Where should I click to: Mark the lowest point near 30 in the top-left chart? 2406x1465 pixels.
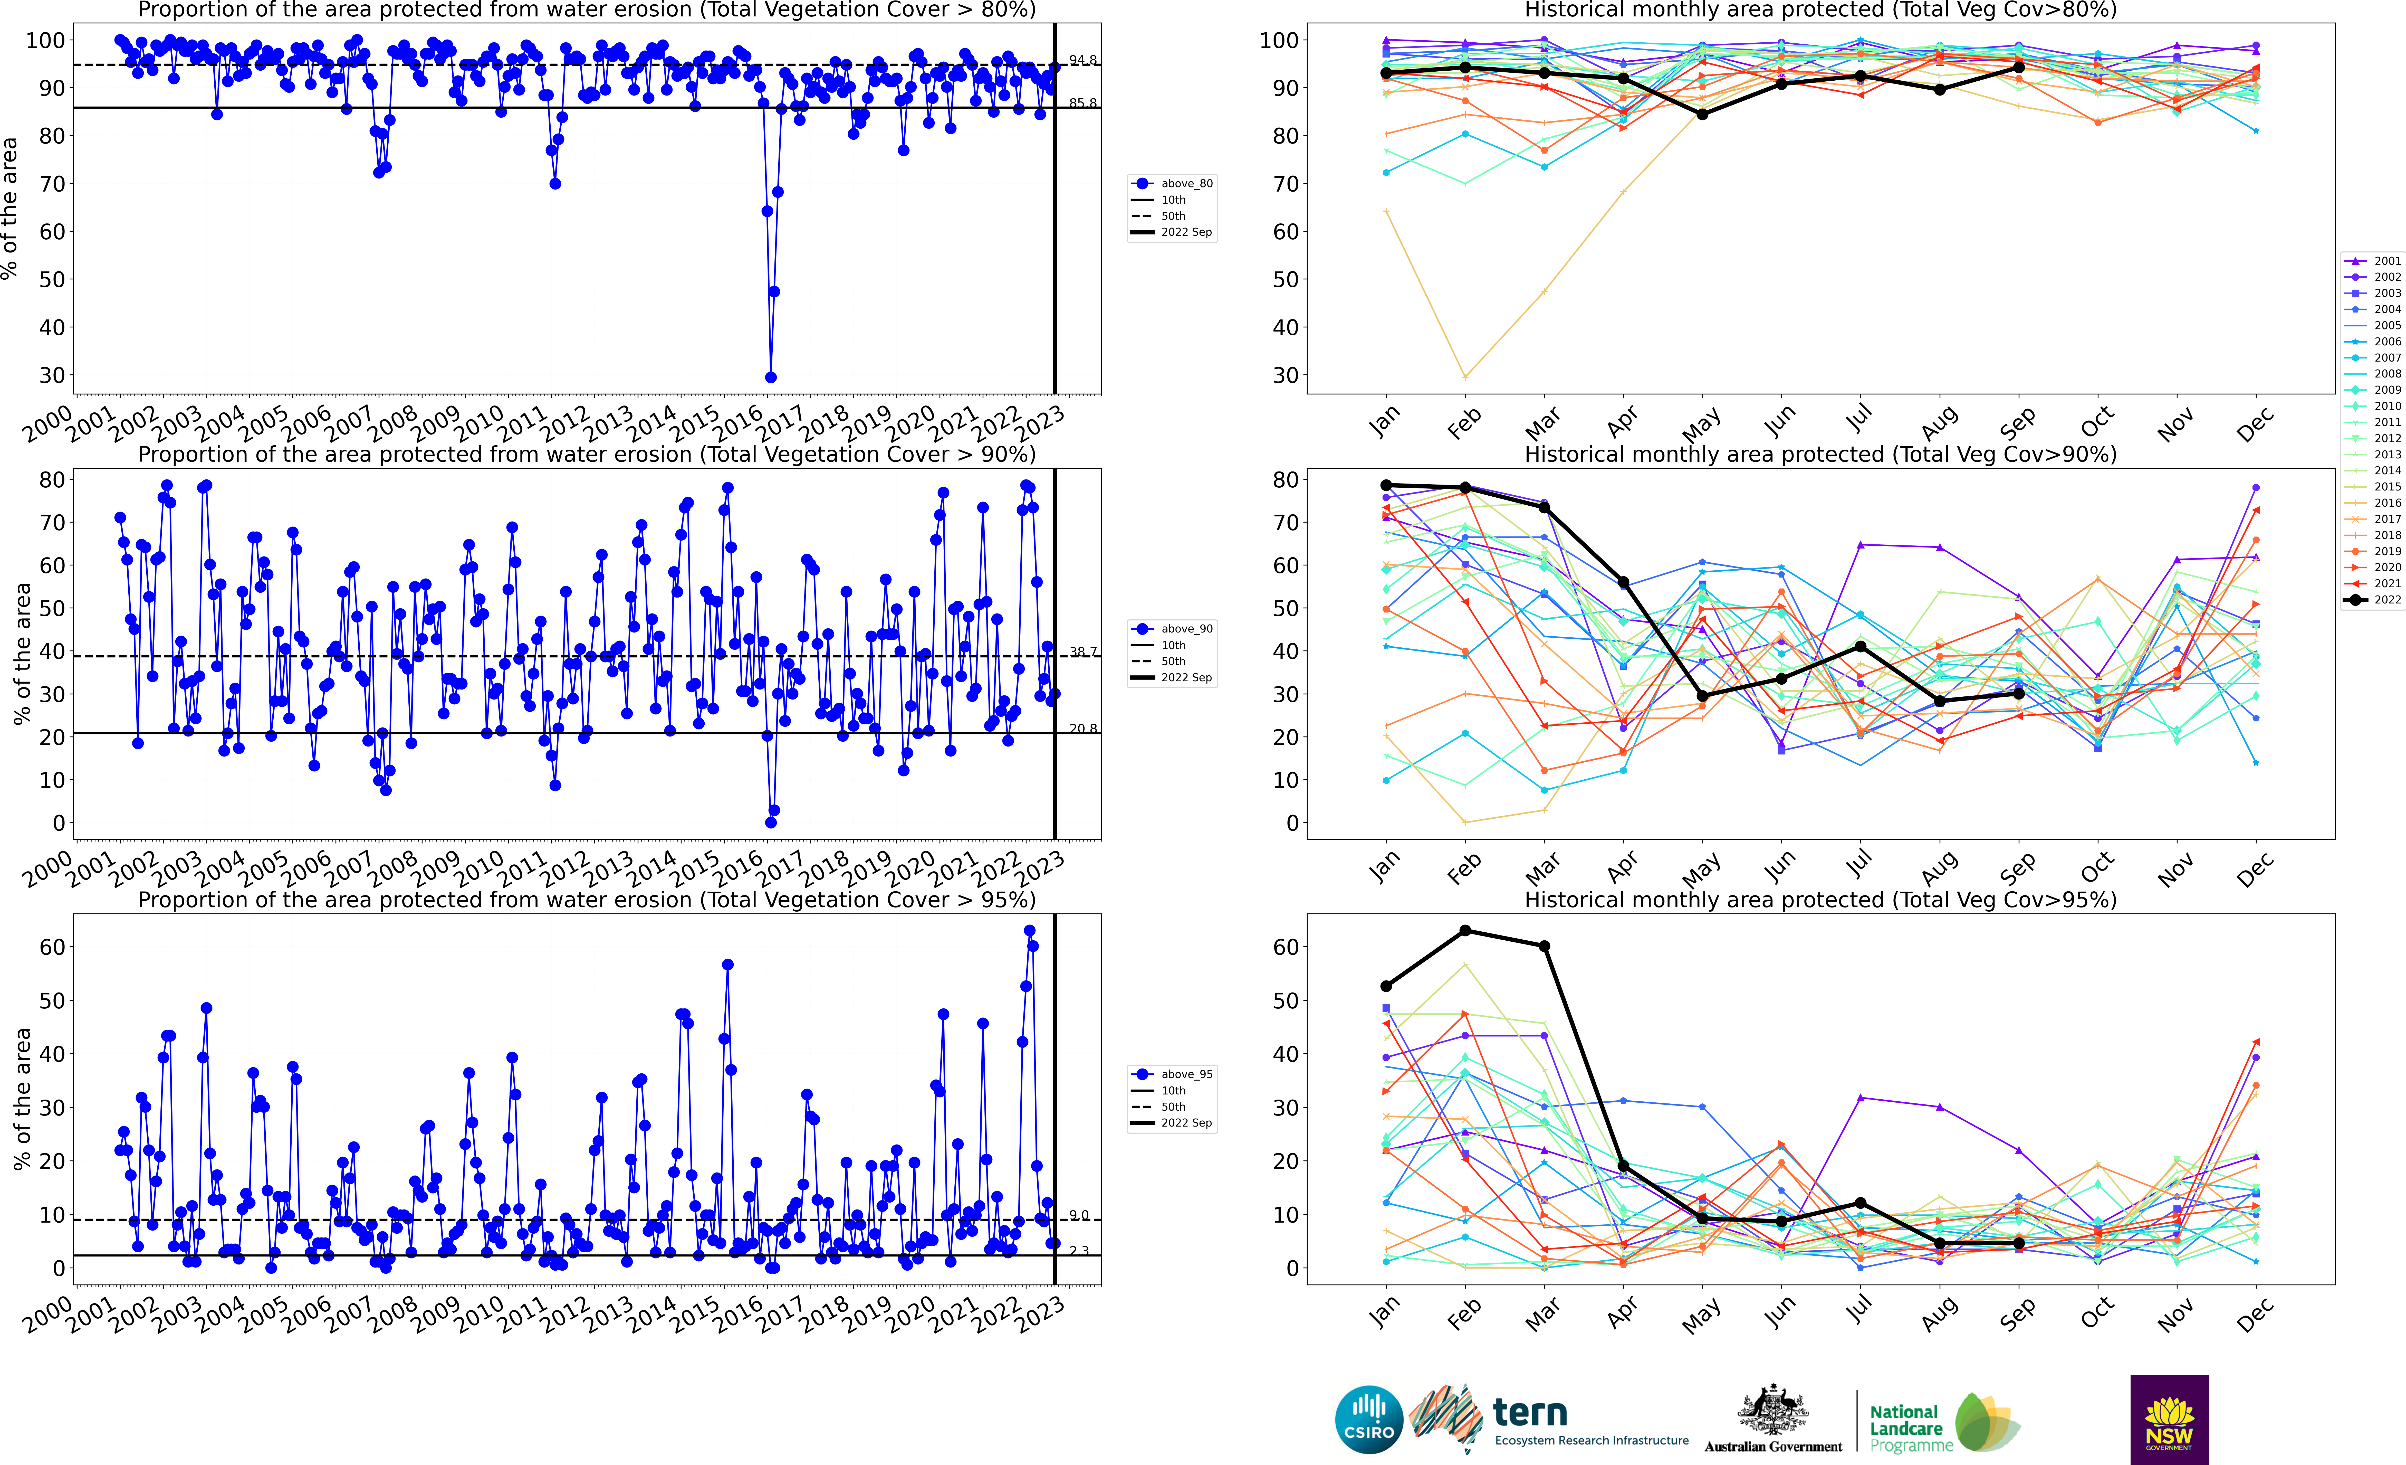(770, 377)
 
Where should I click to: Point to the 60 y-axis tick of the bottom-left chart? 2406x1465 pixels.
(53, 947)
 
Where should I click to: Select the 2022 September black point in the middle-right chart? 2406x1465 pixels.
(2018, 693)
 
